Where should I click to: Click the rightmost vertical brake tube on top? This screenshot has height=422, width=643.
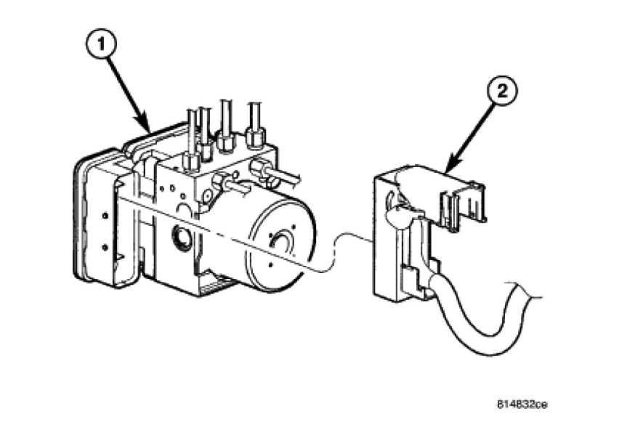tap(255, 116)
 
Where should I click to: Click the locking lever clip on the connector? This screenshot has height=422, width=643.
tap(464, 200)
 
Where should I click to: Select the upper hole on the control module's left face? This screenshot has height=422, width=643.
tap(106, 216)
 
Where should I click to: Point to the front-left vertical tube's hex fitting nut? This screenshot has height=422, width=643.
tap(192, 161)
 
